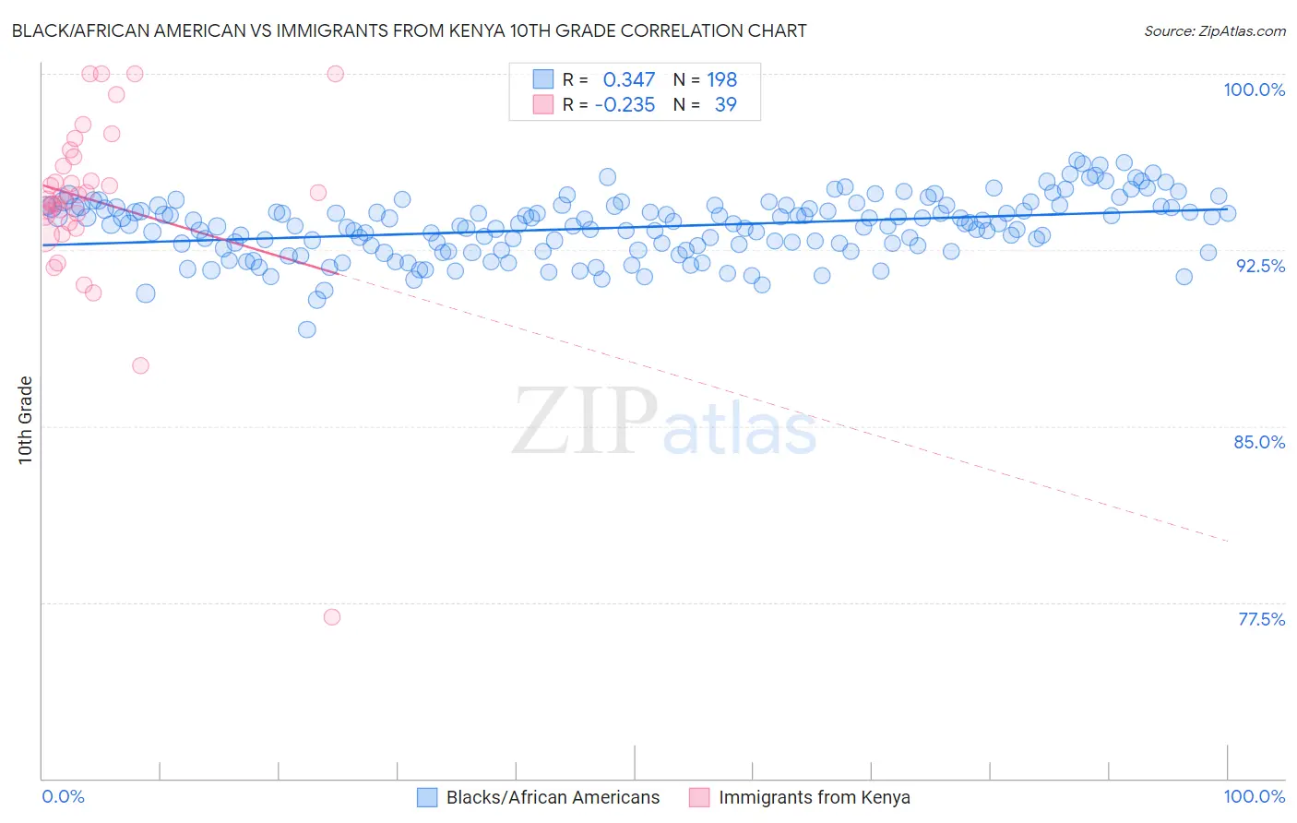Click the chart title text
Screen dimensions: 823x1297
tap(410, 31)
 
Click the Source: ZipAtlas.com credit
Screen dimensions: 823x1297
tap(1214, 31)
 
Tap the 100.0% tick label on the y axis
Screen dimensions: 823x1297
tap(1254, 89)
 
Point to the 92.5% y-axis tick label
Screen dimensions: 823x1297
tap(1260, 266)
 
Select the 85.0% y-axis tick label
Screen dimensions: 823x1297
tap(1259, 442)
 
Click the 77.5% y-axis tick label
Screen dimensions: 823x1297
tap(1261, 619)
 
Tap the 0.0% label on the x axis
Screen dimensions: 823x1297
tap(63, 796)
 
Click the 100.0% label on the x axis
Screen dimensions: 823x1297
tap(1254, 796)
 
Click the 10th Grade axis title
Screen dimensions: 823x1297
tap(26, 420)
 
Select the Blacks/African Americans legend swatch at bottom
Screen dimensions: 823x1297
tap(427, 797)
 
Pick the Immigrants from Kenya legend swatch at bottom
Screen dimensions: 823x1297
tap(699, 797)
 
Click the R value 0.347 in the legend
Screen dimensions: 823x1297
tap(628, 80)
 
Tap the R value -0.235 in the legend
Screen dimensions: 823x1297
tap(625, 105)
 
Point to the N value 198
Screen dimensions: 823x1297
tap(722, 80)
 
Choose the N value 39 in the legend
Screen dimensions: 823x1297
tap(726, 105)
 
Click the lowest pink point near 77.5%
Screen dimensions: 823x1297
tap(332, 616)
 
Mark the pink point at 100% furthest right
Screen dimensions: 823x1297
tap(336, 74)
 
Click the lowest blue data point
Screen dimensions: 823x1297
tap(307, 329)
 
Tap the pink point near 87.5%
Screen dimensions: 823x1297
tap(140, 365)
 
